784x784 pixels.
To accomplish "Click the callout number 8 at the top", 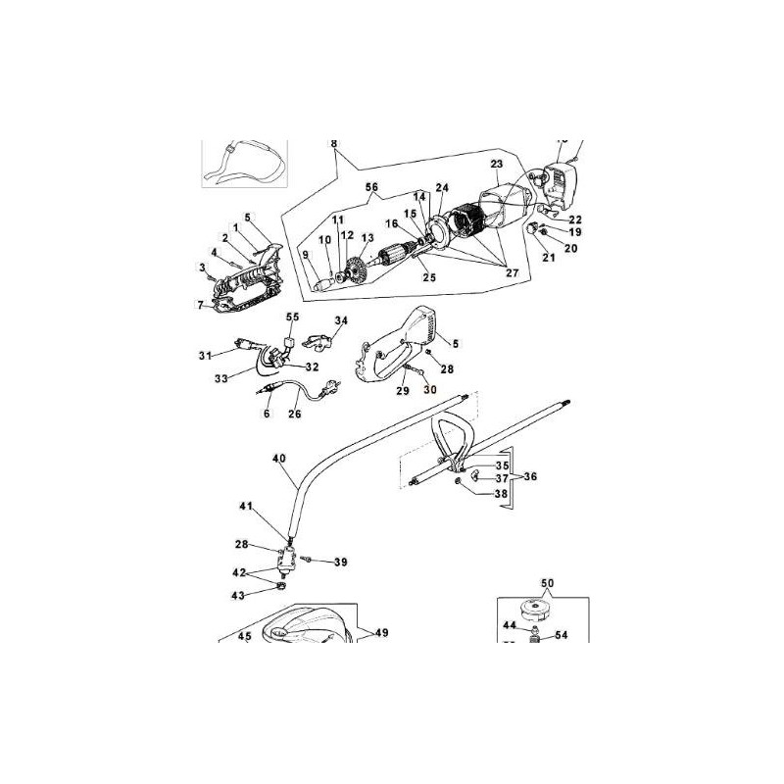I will [334, 144].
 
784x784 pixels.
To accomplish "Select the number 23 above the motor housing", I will [496, 164].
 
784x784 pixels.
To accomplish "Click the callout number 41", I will [245, 506].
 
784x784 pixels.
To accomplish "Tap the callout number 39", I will [341, 562].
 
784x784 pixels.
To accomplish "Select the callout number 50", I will [547, 583].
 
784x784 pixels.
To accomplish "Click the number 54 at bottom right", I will [562, 635].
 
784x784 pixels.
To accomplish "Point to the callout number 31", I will [205, 354].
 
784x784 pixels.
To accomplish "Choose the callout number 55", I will [292, 318].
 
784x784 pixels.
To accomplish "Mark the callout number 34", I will [341, 320].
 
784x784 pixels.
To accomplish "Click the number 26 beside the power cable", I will [294, 414].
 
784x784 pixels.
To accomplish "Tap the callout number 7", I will [199, 305].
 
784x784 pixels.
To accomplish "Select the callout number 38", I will [502, 495].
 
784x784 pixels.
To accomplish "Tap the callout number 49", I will [381, 633].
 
